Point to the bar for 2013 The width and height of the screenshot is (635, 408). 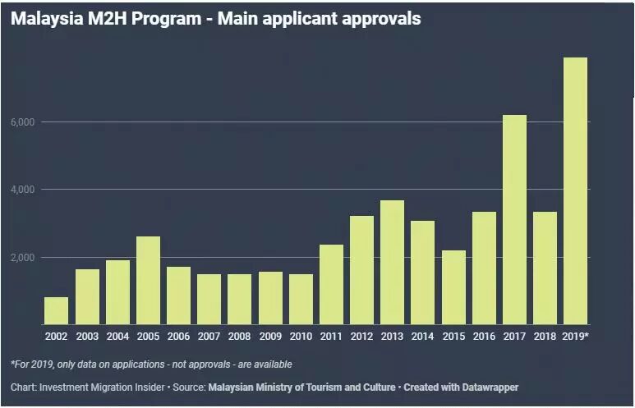(x=392, y=262)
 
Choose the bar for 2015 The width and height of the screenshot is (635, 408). (x=453, y=287)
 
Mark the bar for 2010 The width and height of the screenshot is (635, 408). (x=301, y=299)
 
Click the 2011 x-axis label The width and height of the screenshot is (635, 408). (x=331, y=337)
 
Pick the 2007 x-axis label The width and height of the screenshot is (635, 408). (x=209, y=337)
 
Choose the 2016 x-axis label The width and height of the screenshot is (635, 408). (x=484, y=337)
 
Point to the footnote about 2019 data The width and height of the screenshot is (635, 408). (x=151, y=364)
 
